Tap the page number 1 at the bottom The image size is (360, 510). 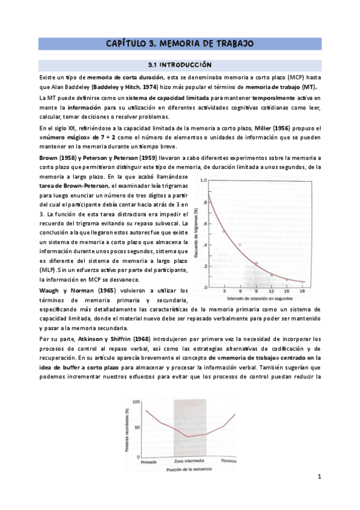pos(320,477)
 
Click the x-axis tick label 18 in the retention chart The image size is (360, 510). pos(303,291)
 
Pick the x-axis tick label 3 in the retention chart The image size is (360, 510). pos(224,291)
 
